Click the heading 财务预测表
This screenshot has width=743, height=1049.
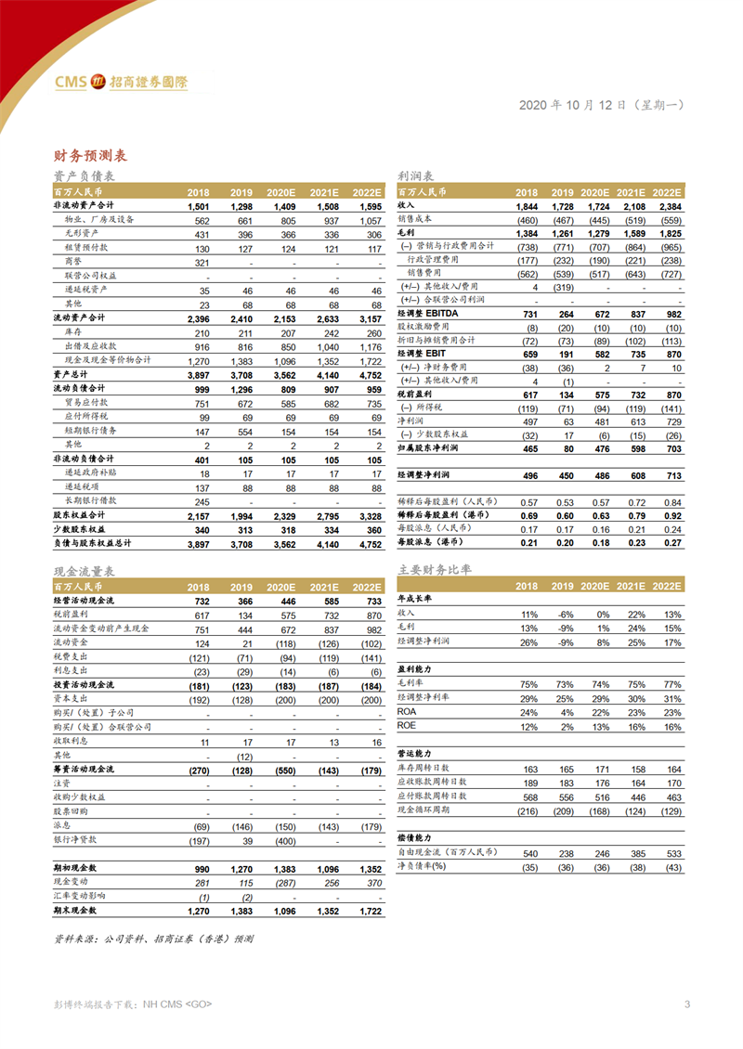(91, 155)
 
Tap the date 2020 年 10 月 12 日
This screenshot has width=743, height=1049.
(573, 105)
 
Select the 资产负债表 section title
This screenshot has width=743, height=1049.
(85, 176)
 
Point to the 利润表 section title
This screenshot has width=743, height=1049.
(416, 176)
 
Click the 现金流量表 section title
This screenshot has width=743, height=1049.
(85, 572)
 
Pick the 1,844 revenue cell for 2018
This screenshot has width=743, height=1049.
(527, 204)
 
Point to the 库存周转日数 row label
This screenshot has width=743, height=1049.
(432, 770)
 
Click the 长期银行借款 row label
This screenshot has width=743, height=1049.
(87, 502)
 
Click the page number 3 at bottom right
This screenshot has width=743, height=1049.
(686, 1004)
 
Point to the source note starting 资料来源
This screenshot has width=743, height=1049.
(154, 939)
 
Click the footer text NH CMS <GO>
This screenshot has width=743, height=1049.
(176, 1004)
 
